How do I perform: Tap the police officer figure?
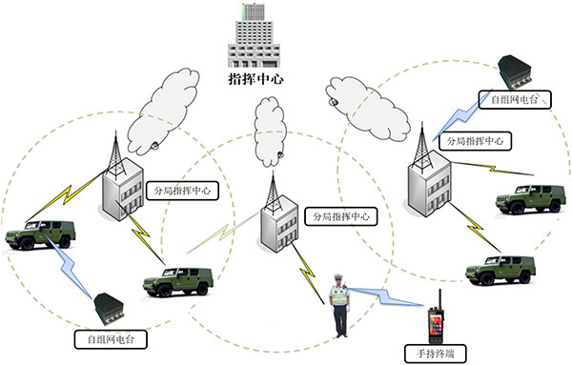tap(338, 303)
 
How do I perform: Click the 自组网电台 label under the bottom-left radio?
tap(100, 338)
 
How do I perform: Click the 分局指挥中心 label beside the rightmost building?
tap(474, 141)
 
